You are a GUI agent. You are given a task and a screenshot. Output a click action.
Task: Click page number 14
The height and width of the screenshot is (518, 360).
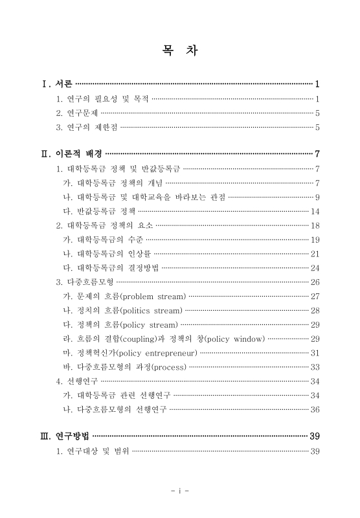[315, 211]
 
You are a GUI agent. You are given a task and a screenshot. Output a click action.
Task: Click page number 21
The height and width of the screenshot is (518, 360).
[315, 254]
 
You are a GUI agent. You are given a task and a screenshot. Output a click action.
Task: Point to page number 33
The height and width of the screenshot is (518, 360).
[315, 367]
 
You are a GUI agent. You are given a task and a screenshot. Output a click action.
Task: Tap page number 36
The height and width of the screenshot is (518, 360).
[315, 409]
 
